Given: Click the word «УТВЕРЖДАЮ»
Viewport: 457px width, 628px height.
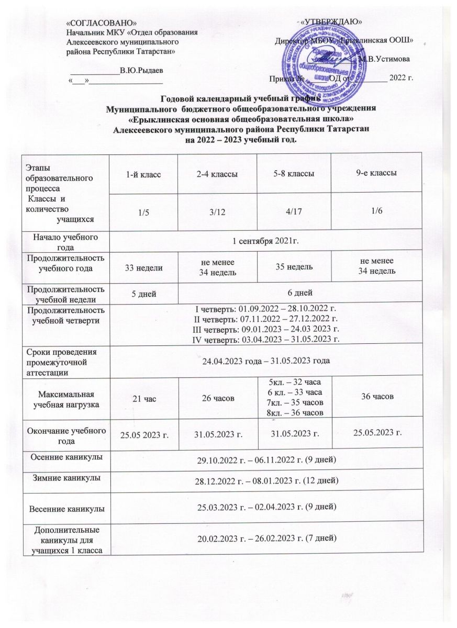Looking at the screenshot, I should [331, 21].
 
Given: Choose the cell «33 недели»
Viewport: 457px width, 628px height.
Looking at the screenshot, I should [142, 267].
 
